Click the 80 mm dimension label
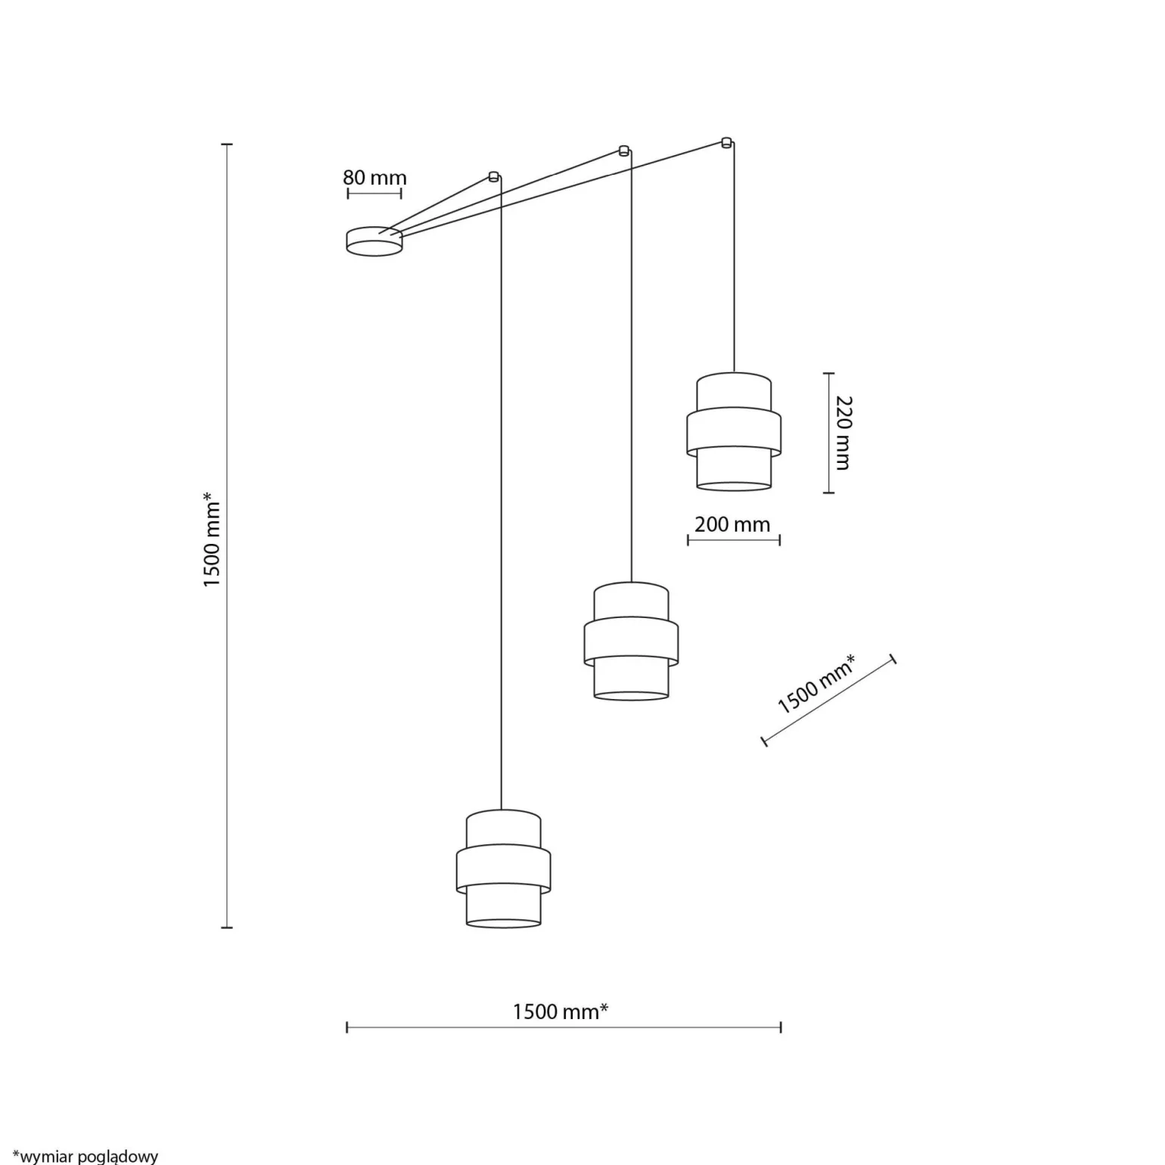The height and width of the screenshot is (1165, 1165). click(374, 178)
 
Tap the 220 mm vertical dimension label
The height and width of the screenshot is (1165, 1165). click(843, 433)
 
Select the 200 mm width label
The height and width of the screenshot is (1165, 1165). click(732, 524)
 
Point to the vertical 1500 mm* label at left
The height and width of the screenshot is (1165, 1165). click(211, 539)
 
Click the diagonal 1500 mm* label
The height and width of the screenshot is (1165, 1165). click(817, 685)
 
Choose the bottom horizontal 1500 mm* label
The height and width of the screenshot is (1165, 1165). click(561, 1011)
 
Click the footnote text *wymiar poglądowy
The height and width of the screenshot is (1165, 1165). click(85, 1156)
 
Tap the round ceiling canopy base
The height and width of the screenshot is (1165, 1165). click(374, 241)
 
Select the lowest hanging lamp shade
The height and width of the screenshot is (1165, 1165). click(503, 868)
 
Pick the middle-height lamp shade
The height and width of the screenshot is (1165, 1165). click(631, 641)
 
